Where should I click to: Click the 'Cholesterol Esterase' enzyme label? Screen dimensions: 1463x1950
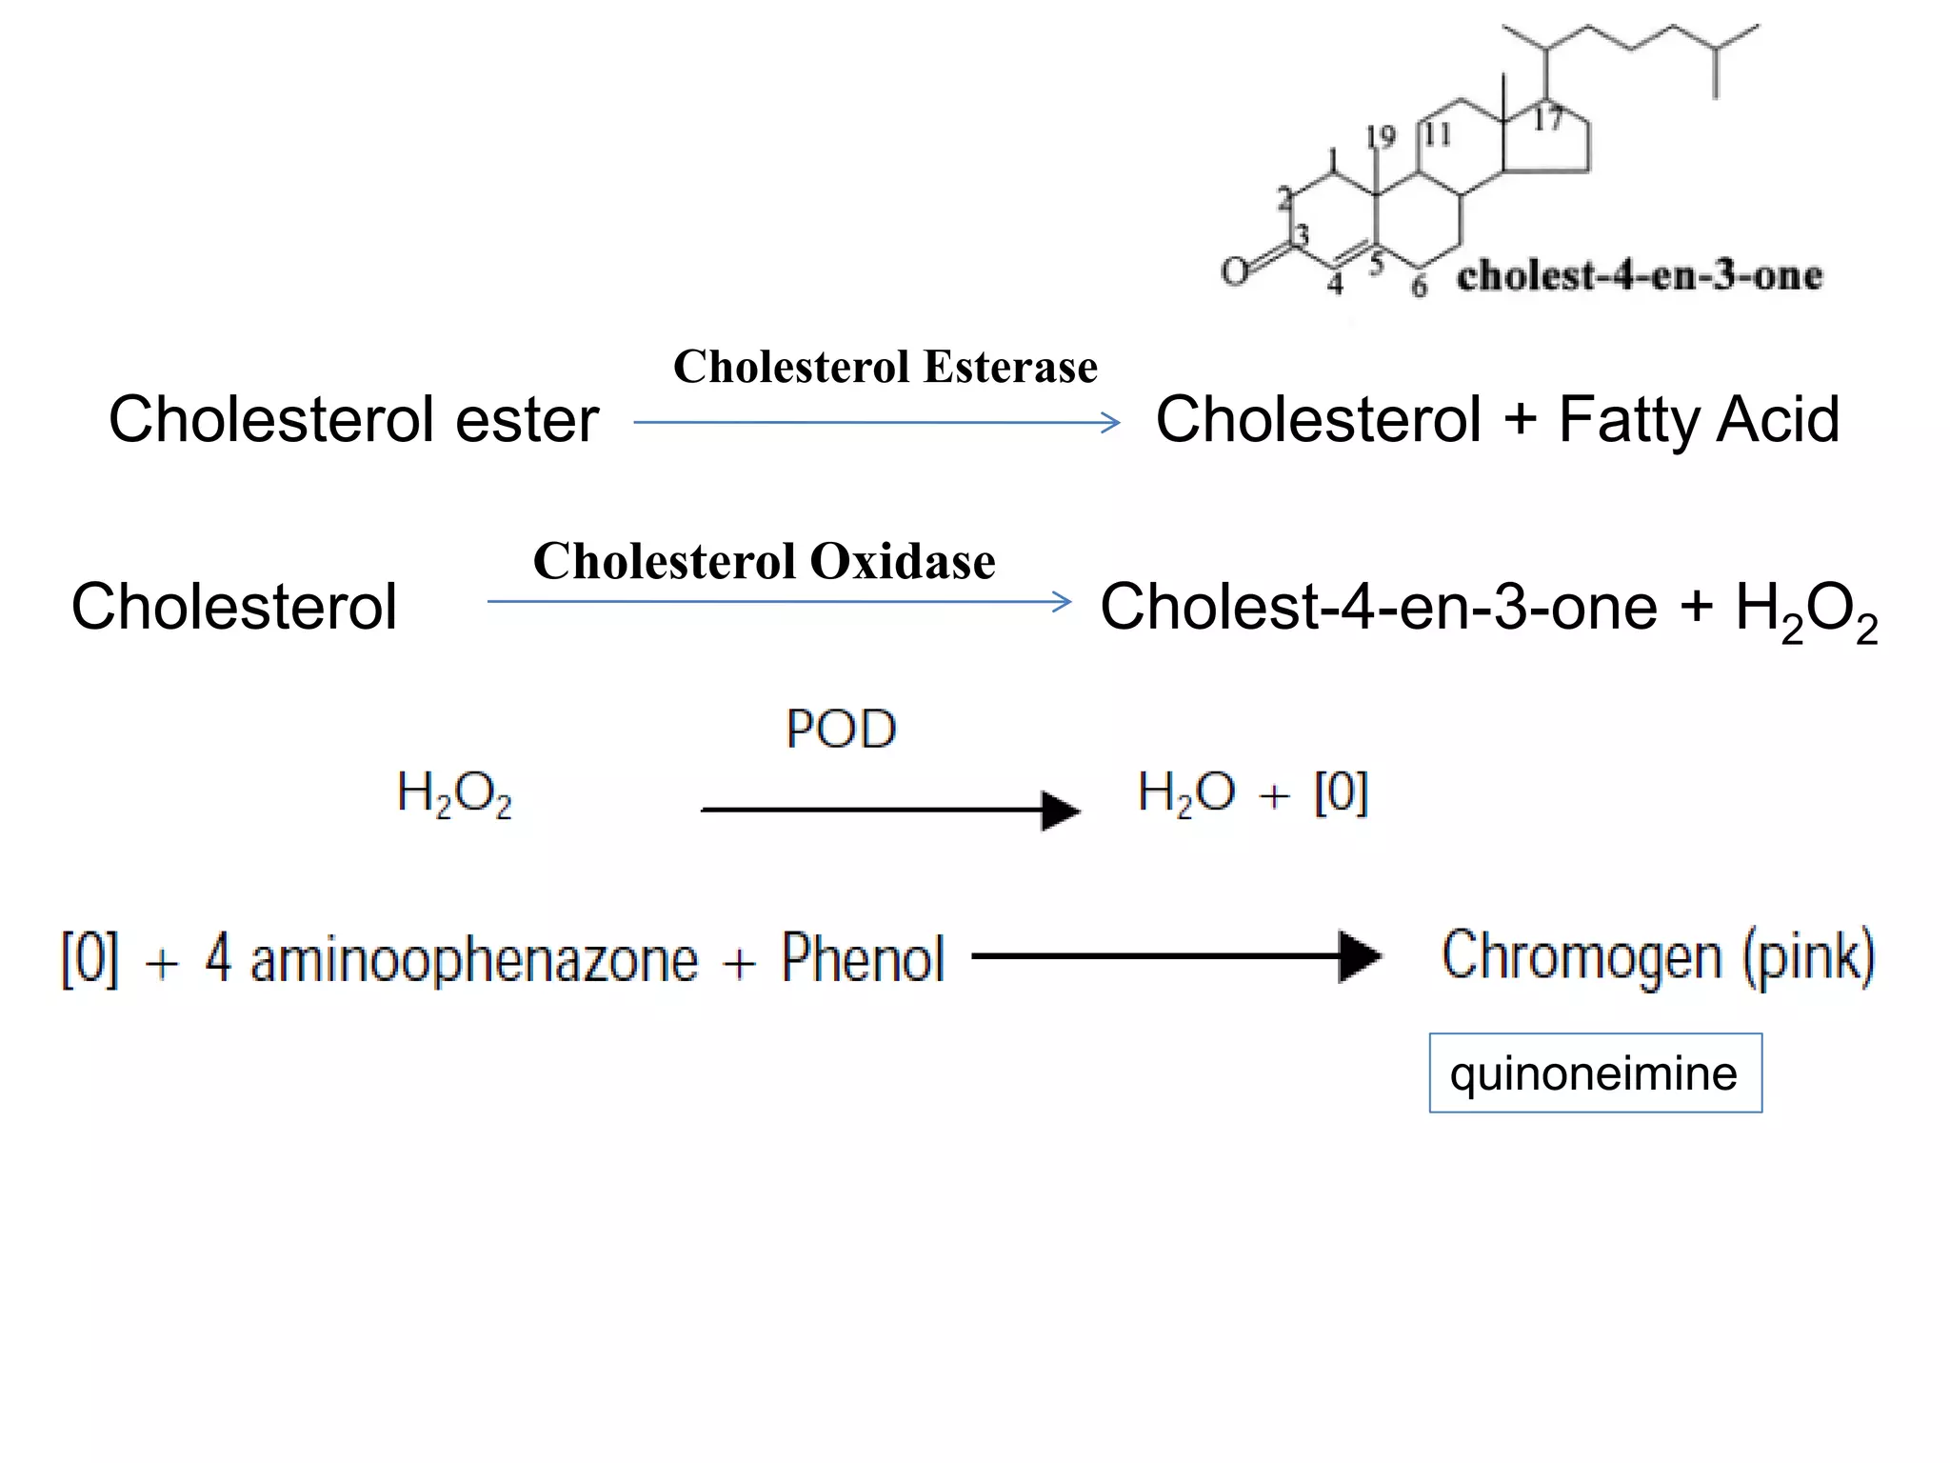885,367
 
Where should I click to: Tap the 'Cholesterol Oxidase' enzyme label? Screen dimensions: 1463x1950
764,561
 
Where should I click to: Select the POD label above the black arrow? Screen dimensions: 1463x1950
841,730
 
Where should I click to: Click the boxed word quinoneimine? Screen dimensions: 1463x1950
1594,1073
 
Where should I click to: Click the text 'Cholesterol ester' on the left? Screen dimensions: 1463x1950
353,419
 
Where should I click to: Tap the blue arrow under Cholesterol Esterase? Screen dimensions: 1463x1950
876,423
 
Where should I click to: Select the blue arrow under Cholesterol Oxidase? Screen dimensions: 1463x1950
779,602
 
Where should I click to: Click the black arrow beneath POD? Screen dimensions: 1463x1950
889,811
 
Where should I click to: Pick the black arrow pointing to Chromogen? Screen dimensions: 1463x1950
1176,955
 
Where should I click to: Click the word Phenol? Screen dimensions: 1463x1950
863,957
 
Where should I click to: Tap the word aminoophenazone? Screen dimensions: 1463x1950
474,959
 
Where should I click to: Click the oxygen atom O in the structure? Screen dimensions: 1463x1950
1235,271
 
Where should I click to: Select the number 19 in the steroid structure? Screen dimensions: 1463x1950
1380,137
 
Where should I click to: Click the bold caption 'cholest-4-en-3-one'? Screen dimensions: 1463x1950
1639,276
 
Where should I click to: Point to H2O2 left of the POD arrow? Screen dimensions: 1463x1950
454,794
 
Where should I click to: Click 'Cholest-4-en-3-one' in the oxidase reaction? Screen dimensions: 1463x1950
1378,607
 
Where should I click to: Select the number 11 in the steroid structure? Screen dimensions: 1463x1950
1437,134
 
